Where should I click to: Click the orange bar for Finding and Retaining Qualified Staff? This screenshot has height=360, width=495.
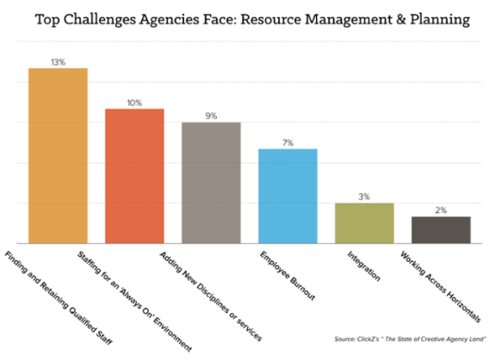pyautogui.click(x=58, y=155)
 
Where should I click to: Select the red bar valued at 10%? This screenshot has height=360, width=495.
pyautogui.click(x=134, y=176)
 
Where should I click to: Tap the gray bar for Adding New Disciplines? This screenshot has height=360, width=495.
pyautogui.click(x=211, y=183)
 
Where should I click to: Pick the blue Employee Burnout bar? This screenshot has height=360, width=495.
pyautogui.click(x=288, y=196)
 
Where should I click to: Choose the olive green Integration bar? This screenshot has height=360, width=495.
pyautogui.click(x=364, y=223)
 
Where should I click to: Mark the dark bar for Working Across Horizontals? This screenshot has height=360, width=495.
pyautogui.click(x=441, y=230)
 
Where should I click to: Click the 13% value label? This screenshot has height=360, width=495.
pyautogui.click(x=58, y=61)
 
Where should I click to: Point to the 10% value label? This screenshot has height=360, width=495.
pyautogui.click(x=134, y=102)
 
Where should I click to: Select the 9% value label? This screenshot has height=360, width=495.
pyautogui.click(x=211, y=116)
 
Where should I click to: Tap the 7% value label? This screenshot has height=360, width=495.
pyautogui.click(x=288, y=142)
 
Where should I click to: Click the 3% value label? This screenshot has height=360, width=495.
pyautogui.click(x=364, y=196)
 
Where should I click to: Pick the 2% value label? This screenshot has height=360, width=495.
pyautogui.click(x=441, y=210)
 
